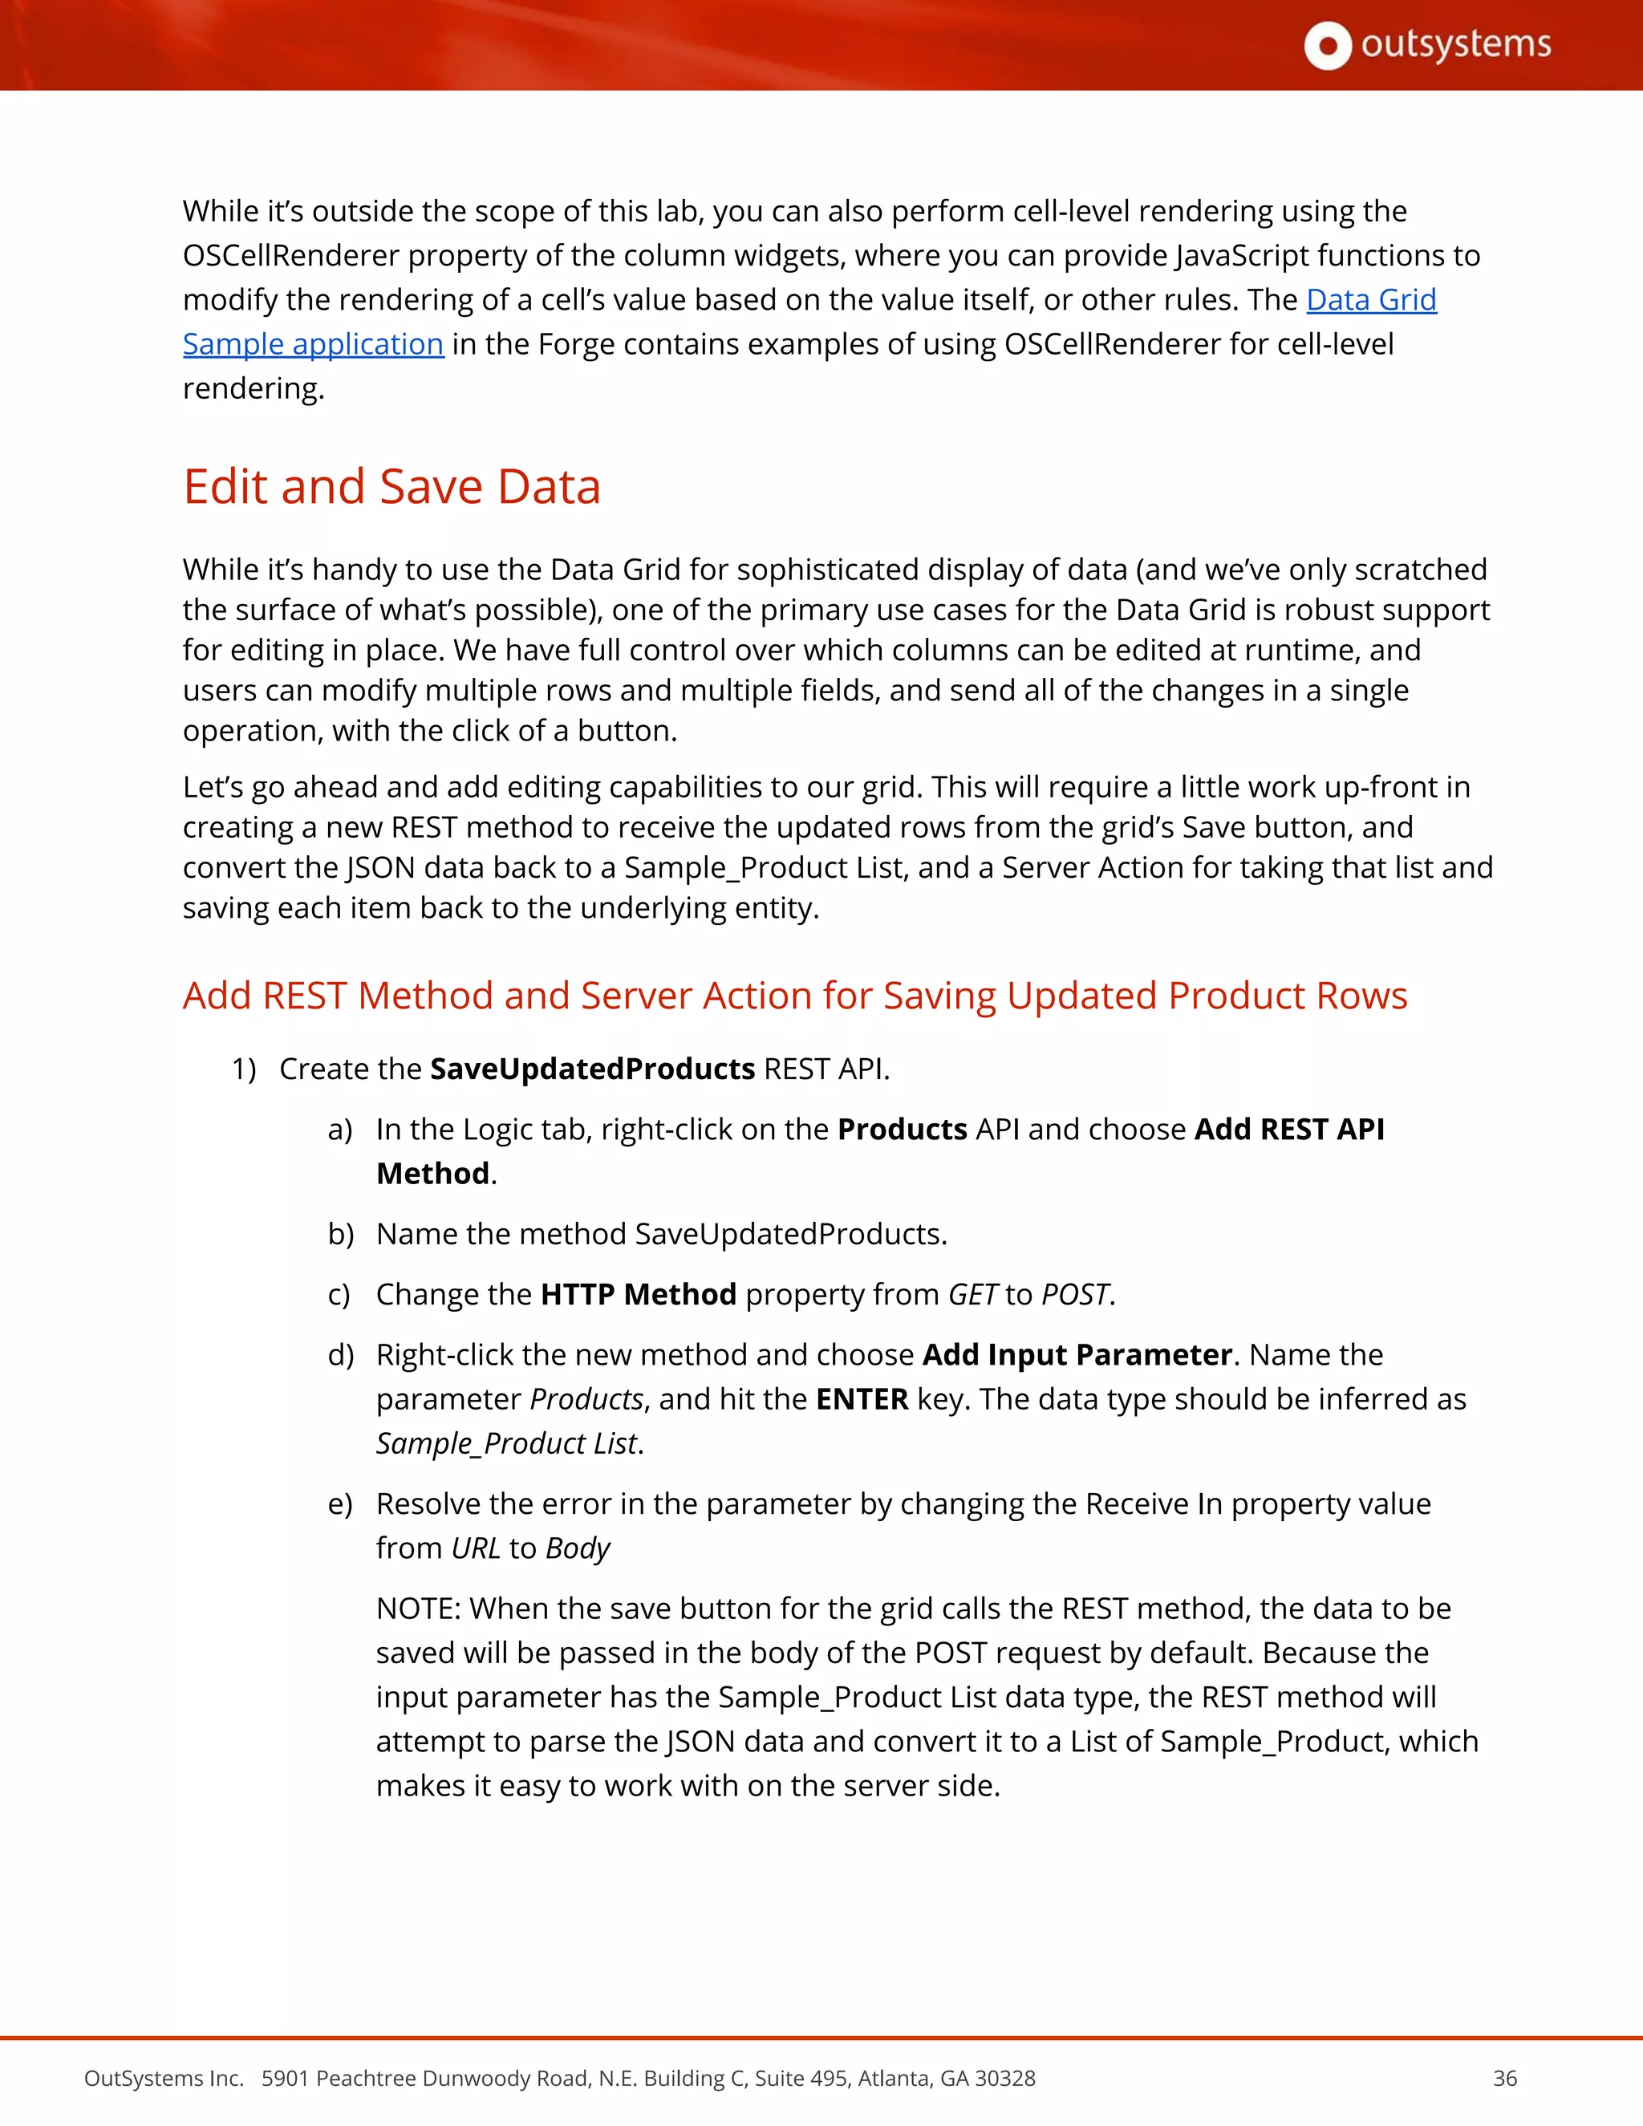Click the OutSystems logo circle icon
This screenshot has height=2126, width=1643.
coord(1327,46)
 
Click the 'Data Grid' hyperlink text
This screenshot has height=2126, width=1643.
coord(1370,300)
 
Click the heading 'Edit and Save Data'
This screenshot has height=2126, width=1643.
coord(391,487)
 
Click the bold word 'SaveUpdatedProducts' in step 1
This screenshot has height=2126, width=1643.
coord(592,1069)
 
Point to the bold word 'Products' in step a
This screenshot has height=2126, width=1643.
coord(901,1130)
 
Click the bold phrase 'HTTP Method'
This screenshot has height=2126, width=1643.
coord(638,1295)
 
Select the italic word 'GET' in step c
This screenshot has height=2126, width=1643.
coord(972,1295)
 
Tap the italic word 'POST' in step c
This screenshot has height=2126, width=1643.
coord(1074,1295)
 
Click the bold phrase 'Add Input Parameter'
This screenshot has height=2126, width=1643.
coord(1077,1355)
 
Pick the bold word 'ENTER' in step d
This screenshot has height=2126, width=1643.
coord(862,1400)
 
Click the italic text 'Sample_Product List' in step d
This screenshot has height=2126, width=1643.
coord(506,1443)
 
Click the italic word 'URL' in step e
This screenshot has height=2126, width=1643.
coord(475,1548)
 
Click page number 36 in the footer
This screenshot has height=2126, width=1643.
coord(1505,2079)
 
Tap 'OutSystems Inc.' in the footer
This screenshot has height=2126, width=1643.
coord(164,2079)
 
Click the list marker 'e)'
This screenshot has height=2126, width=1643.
coord(339,1505)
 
